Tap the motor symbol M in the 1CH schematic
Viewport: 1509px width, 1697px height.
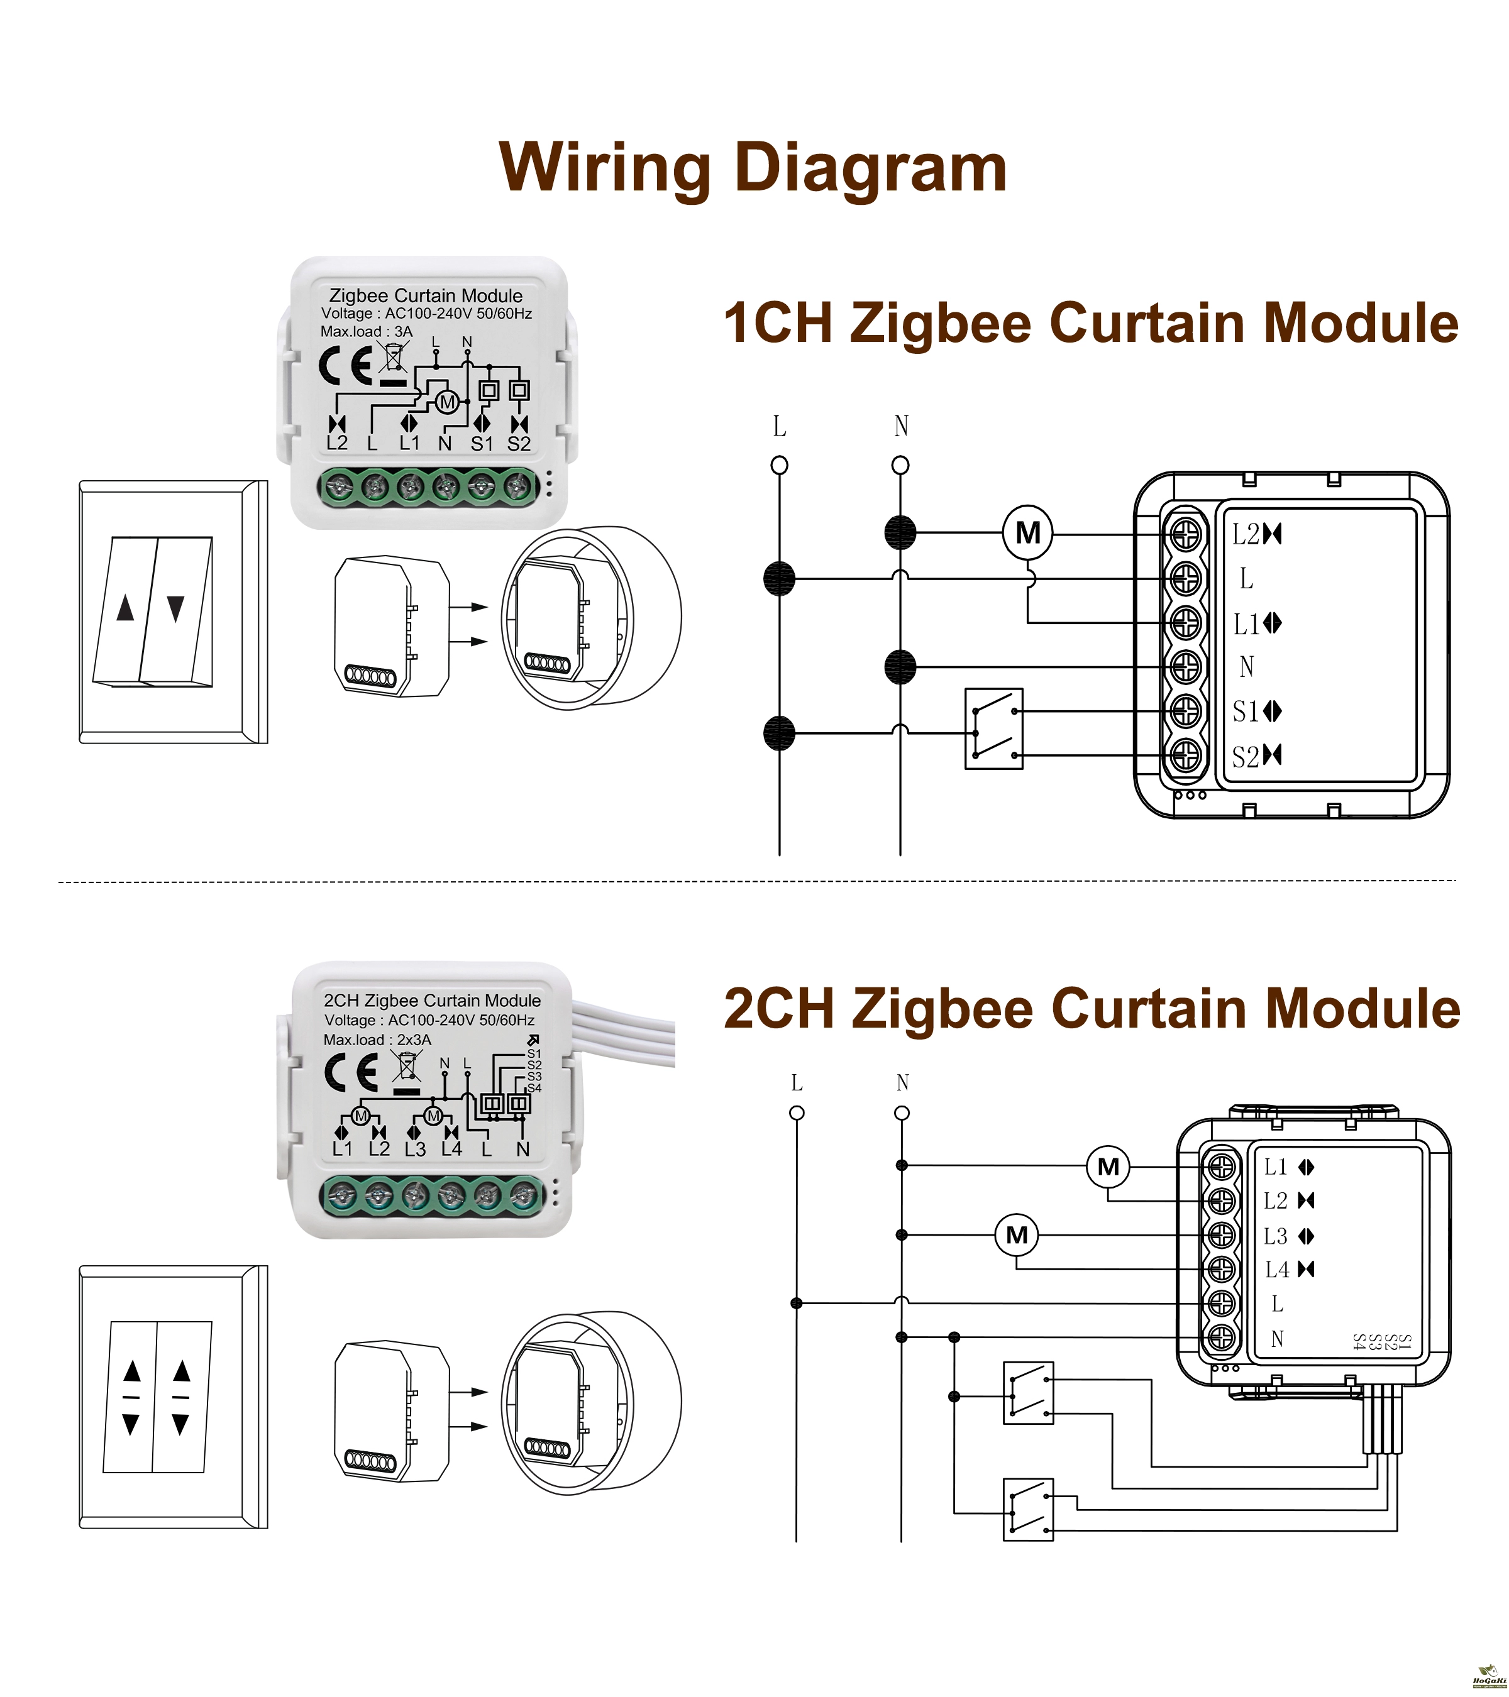[x=1027, y=533]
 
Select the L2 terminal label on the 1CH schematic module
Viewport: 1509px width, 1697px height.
[x=1246, y=535]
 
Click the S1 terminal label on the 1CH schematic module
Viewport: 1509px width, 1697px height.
[x=1246, y=711]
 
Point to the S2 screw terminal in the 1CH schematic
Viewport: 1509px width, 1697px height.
[x=1185, y=755]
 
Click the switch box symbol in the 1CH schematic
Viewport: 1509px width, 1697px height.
[x=993, y=728]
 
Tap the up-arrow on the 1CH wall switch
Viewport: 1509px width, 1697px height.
[x=125, y=608]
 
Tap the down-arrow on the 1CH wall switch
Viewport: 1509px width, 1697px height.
[x=175, y=608]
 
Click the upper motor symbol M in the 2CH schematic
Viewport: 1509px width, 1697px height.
[x=1108, y=1167]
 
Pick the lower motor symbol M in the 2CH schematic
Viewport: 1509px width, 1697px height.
[x=1017, y=1236]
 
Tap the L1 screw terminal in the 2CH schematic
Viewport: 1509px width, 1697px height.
[x=1221, y=1167]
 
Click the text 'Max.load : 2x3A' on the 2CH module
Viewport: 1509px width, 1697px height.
[x=377, y=1040]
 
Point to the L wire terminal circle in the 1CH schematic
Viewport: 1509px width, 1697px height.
[x=779, y=465]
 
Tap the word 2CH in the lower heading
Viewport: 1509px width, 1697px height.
[x=779, y=1009]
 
